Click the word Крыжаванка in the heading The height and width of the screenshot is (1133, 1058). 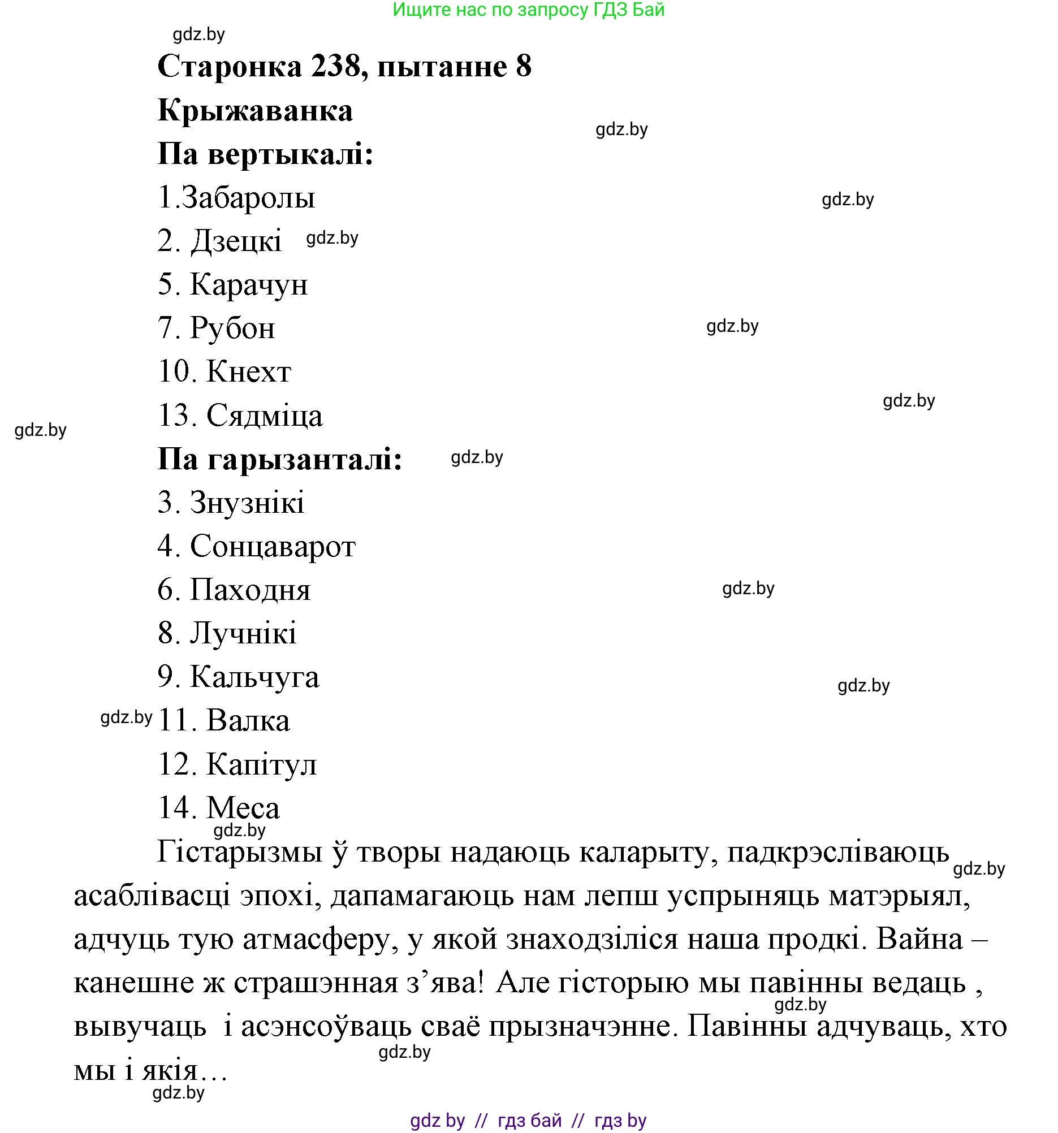pyautogui.click(x=255, y=111)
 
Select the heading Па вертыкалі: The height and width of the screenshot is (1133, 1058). pyautogui.click(x=265, y=154)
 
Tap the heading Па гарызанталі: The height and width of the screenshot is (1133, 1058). pyautogui.click(x=280, y=459)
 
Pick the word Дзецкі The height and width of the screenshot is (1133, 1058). pyautogui.click(x=235, y=241)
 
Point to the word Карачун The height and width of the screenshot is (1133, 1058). pyautogui.click(x=249, y=284)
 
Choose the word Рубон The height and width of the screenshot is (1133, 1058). pyautogui.click(x=232, y=328)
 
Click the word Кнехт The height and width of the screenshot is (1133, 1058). pyautogui.click(x=249, y=371)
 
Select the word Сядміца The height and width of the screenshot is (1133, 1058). pyautogui.click(x=265, y=416)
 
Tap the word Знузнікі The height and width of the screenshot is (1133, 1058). pyautogui.click(x=247, y=503)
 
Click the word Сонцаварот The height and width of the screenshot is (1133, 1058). pyautogui.click(x=273, y=546)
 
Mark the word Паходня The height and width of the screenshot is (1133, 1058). pyautogui.click(x=250, y=590)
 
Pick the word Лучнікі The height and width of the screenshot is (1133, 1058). pyautogui.click(x=243, y=633)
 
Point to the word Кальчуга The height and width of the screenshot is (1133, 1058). pyautogui.click(x=254, y=677)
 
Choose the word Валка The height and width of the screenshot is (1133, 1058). pyautogui.click(x=248, y=720)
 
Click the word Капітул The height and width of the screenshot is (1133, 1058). pyautogui.click(x=261, y=764)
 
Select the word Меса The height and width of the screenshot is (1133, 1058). pyautogui.click(x=243, y=807)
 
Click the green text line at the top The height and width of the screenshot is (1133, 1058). pyautogui.click(x=528, y=10)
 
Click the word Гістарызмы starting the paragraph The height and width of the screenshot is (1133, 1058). pyautogui.click(x=239, y=853)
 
